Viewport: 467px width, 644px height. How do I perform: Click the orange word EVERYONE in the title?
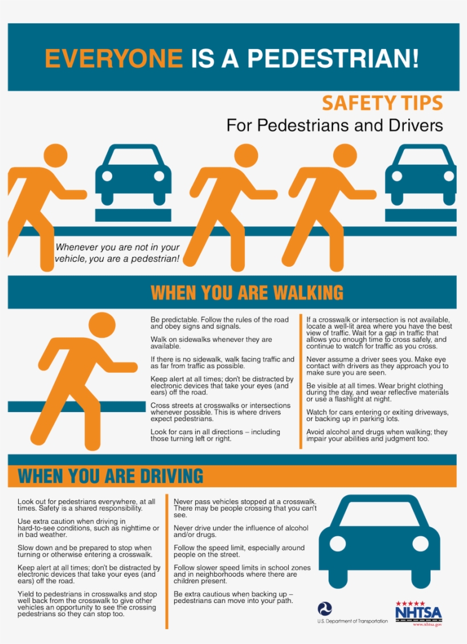coord(113,58)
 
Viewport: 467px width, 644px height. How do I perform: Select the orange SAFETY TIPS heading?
coord(382,103)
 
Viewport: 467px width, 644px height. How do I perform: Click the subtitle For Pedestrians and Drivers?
coord(334,125)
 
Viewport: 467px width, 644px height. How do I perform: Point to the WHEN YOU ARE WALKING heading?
coord(247,292)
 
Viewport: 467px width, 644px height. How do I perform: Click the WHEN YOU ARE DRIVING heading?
coord(110,476)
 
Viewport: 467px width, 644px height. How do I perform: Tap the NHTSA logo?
coord(418,612)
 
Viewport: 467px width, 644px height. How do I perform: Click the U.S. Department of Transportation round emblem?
coord(325,609)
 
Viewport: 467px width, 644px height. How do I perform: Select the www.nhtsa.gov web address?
coord(427,625)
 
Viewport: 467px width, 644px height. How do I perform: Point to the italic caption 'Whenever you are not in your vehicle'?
coord(117,253)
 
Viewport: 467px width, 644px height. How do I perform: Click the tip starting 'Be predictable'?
coord(219,323)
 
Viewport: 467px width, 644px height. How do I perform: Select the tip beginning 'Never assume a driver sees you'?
coord(377,366)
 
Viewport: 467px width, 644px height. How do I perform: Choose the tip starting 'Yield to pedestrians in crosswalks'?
coord(87,604)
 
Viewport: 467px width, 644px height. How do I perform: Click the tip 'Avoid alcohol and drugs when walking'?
coord(376,435)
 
